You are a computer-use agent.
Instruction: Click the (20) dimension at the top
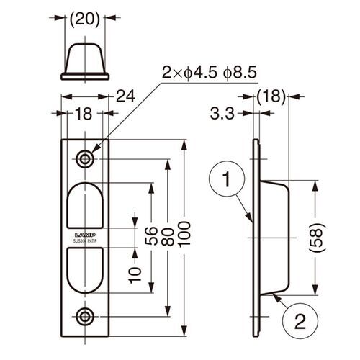tap(86, 22)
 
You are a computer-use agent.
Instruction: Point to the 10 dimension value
tap(132, 273)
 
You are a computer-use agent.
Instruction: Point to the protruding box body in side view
tap(276, 238)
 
